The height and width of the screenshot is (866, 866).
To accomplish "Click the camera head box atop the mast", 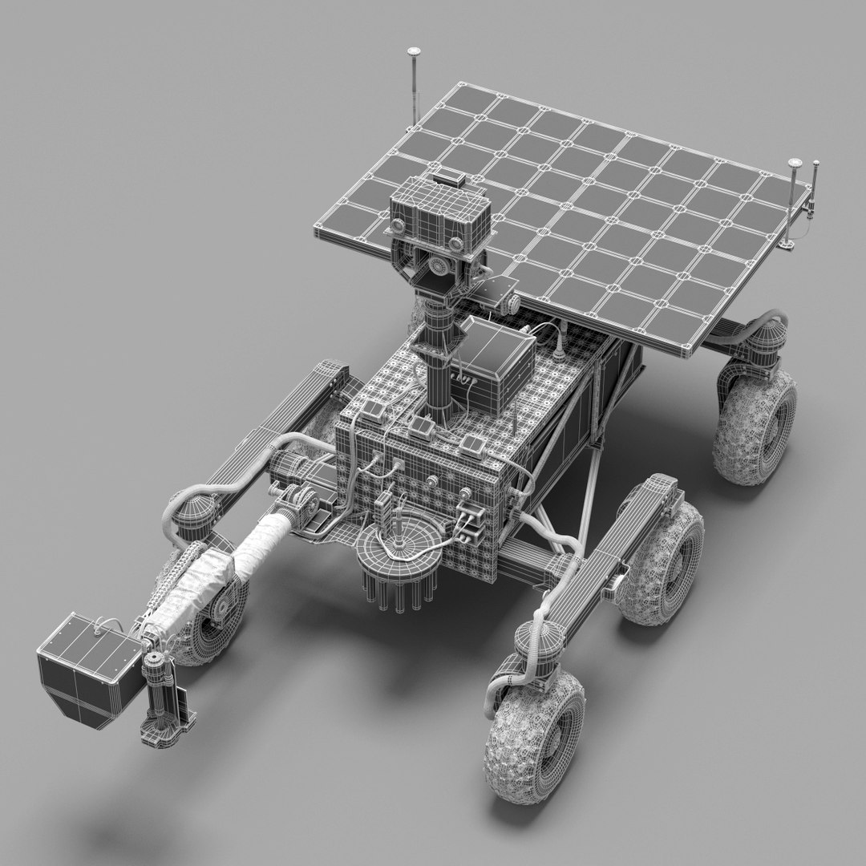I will [x=439, y=209].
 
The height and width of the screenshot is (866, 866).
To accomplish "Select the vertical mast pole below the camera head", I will [x=439, y=353].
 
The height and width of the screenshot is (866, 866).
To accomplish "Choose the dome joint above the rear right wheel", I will [x=767, y=337].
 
